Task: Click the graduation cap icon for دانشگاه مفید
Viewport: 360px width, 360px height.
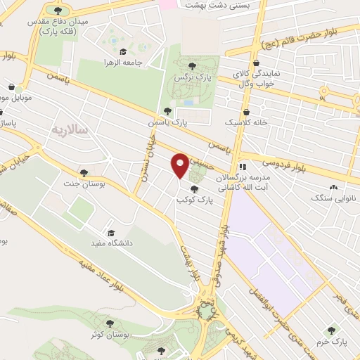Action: pyautogui.click(x=110, y=233)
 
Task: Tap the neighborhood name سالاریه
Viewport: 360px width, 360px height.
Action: pyautogui.click(x=67, y=129)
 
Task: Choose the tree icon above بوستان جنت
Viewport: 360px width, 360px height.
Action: pyautogui.click(x=84, y=173)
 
